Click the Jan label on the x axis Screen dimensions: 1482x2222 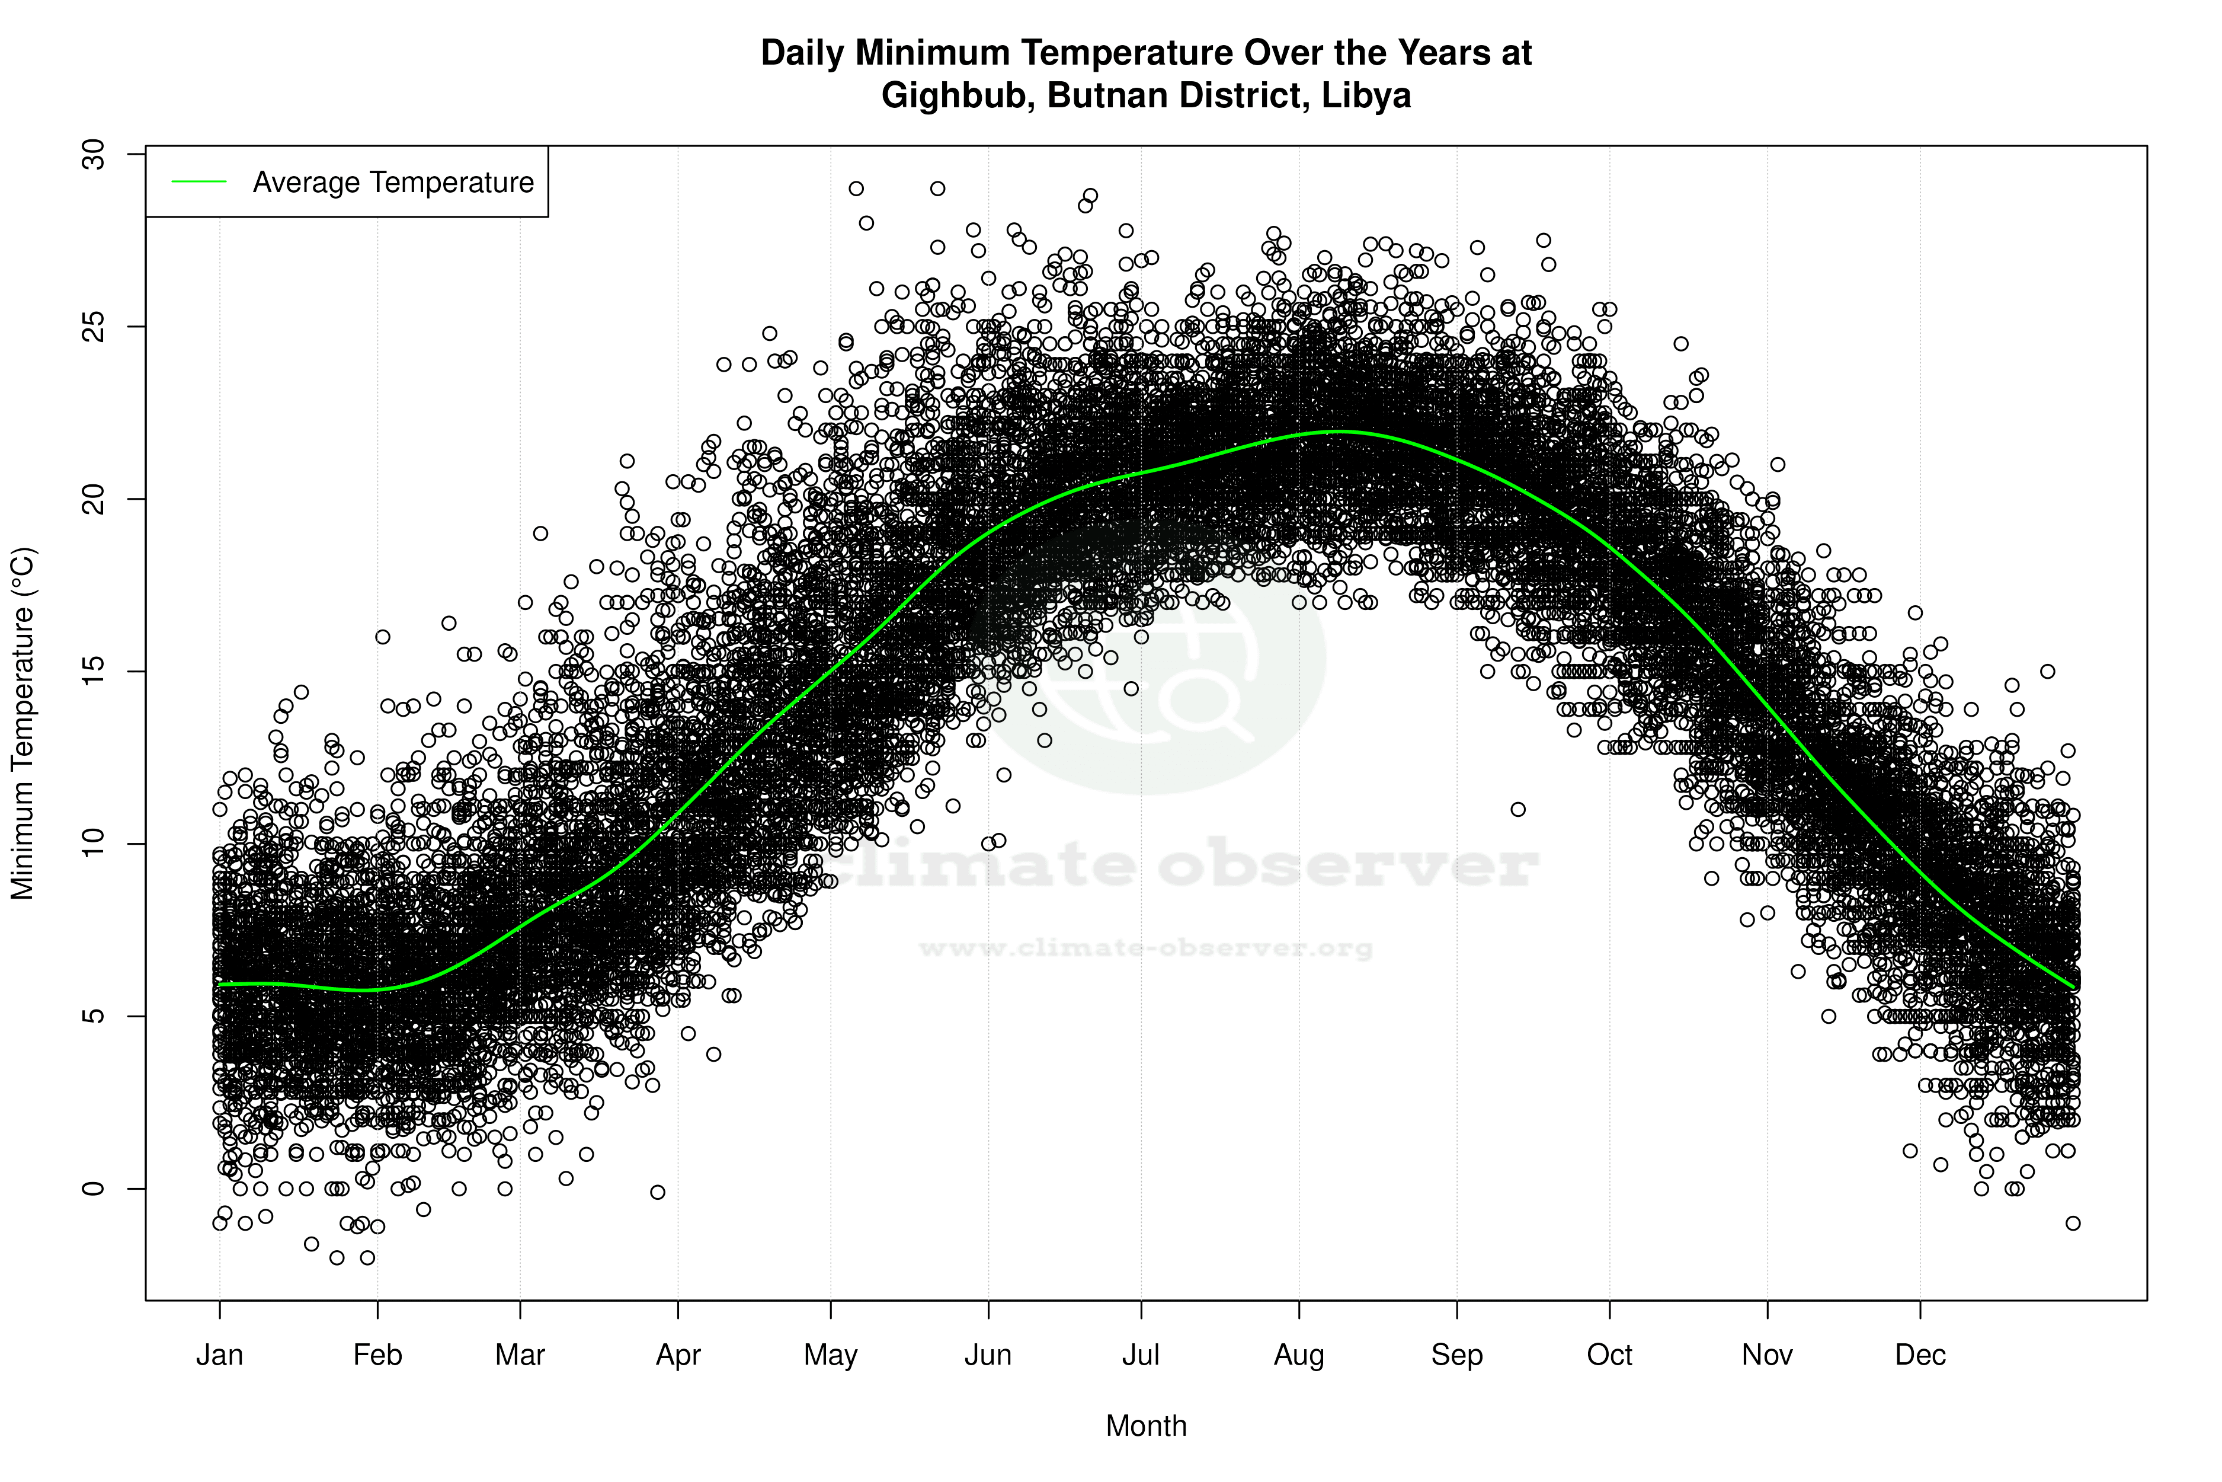(x=219, y=1355)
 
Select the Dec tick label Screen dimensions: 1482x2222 (x=1920, y=1355)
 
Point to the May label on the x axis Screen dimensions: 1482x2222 (x=830, y=1355)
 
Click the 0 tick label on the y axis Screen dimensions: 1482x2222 (x=94, y=1188)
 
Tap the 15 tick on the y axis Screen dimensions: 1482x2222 (x=94, y=671)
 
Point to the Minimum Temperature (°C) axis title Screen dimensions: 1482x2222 (x=23, y=724)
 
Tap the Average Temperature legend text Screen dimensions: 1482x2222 (x=393, y=183)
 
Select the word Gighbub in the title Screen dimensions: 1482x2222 (x=958, y=95)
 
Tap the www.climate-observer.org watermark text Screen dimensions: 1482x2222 (x=1146, y=948)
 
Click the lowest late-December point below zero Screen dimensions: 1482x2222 (x=2073, y=1223)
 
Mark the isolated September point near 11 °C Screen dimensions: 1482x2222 (x=1518, y=809)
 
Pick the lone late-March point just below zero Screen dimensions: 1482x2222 (x=658, y=1193)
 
